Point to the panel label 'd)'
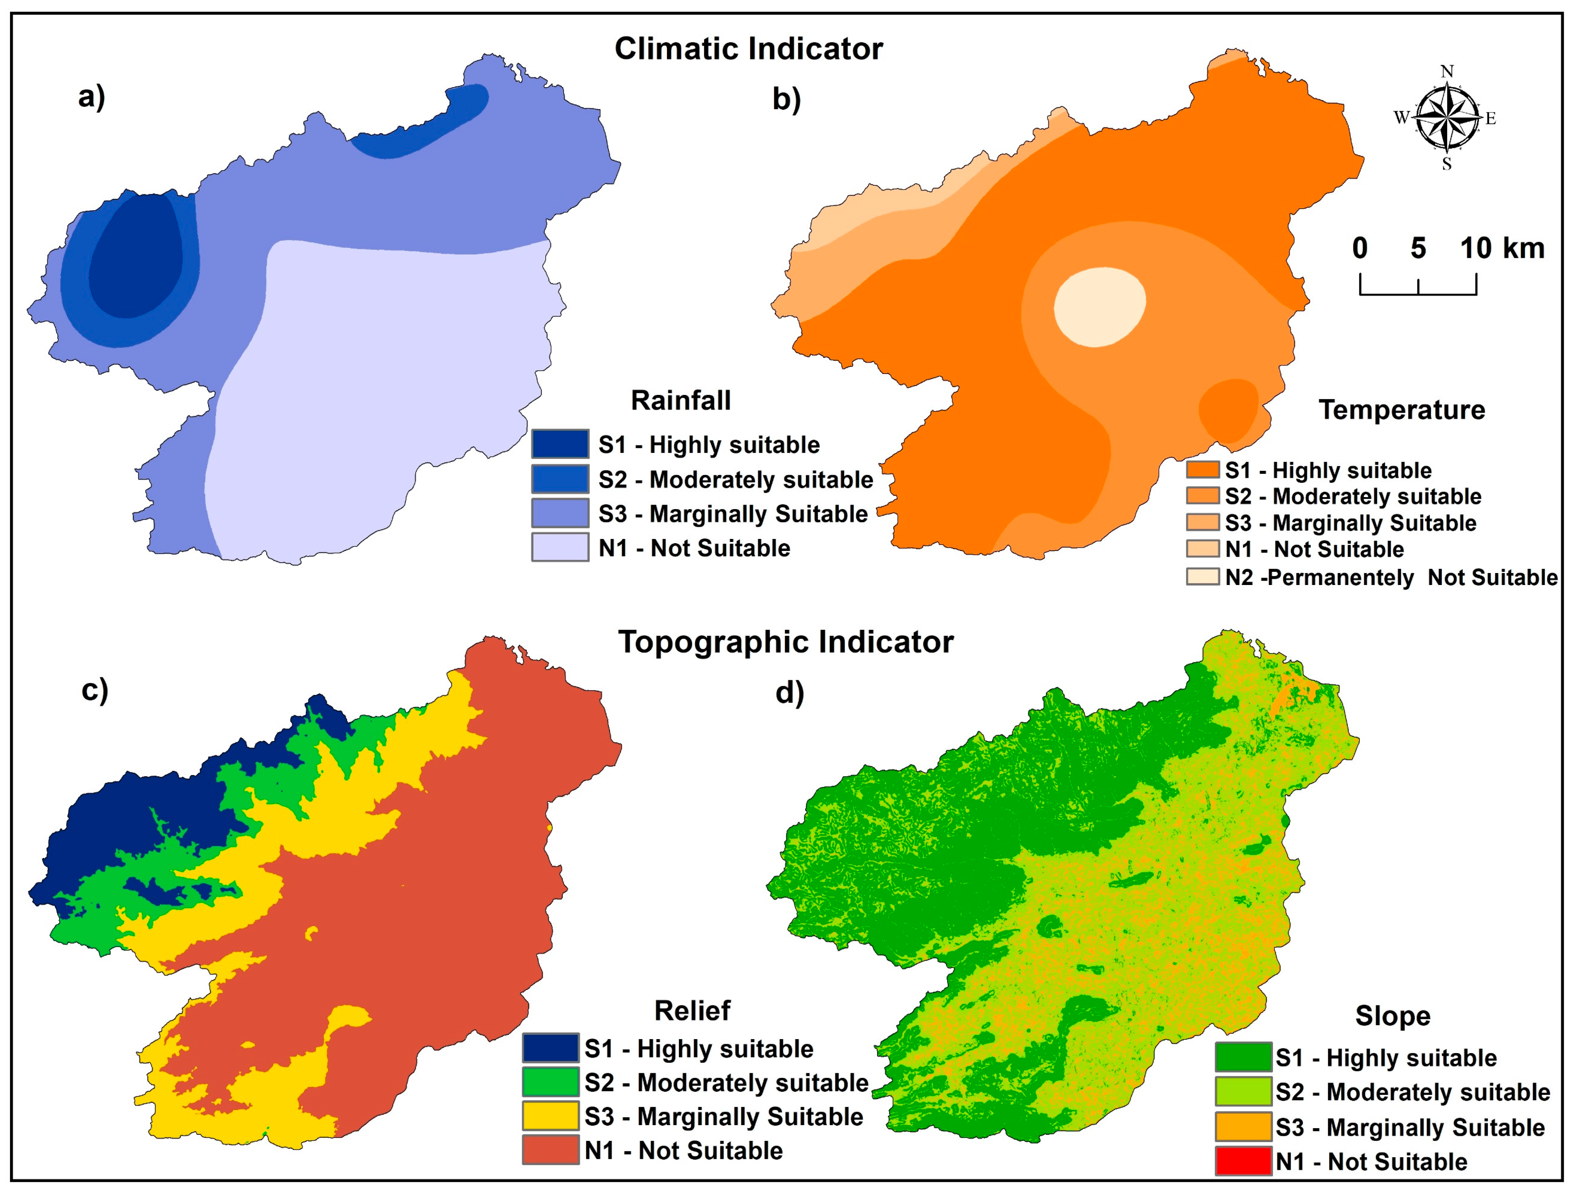pyautogui.click(x=789, y=692)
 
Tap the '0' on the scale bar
pyautogui.click(x=1360, y=248)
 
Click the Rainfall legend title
pyautogui.click(x=681, y=400)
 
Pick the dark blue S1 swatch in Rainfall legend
pyautogui.click(x=560, y=444)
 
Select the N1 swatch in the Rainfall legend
pyautogui.click(x=560, y=547)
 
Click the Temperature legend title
pyautogui.click(x=1402, y=410)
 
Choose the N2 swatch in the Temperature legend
pyautogui.click(x=1203, y=576)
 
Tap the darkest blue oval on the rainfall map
pyautogui.click(x=136, y=257)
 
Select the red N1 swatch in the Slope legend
pyautogui.click(x=1243, y=1161)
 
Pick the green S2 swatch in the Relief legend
pyautogui.click(x=550, y=1082)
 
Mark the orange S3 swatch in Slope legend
pyautogui.click(x=1243, y=1127)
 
